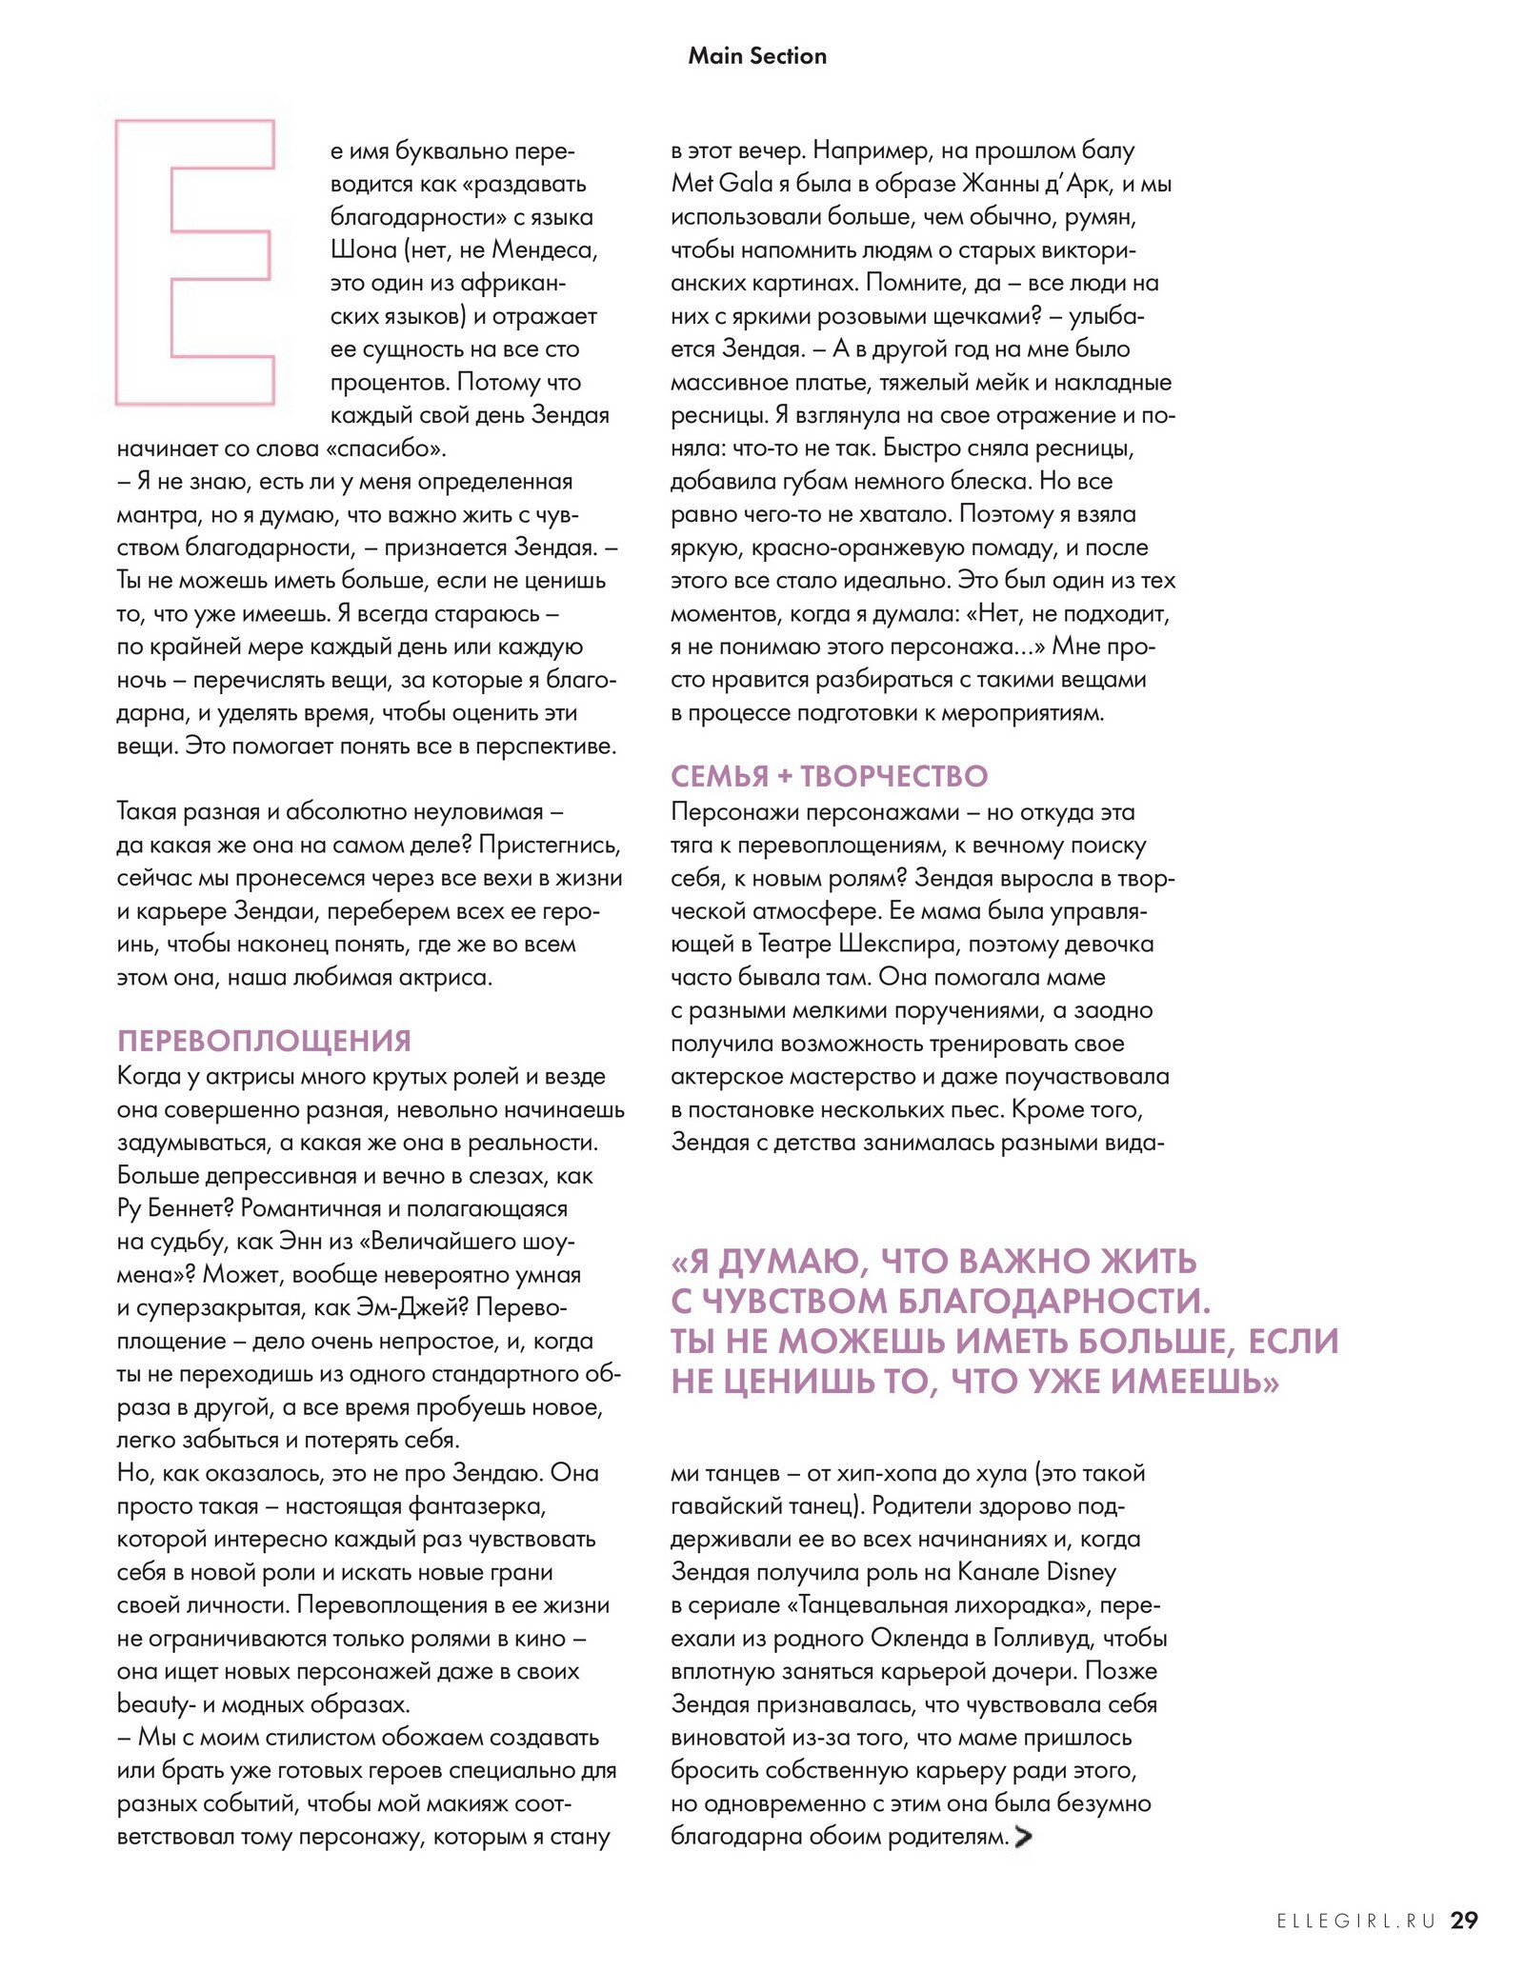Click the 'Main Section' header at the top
pyautogui.click(x=757, y=56)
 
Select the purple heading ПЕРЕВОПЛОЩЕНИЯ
pyautogui.click(x=264, y=1041)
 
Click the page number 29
pyautogui.click(x=1464, y=1920)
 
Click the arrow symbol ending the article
pyautogui.click(x=1023, y=1836)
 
